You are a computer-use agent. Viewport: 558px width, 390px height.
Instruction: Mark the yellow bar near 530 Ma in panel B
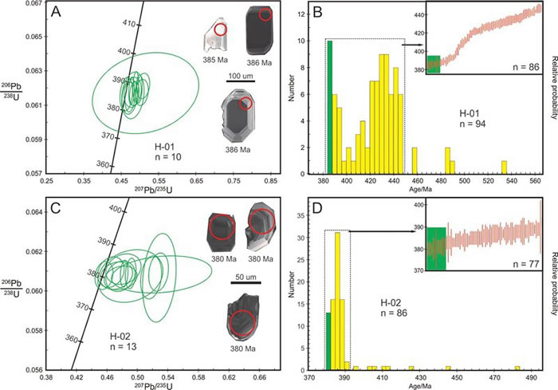(x=504, y=167)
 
